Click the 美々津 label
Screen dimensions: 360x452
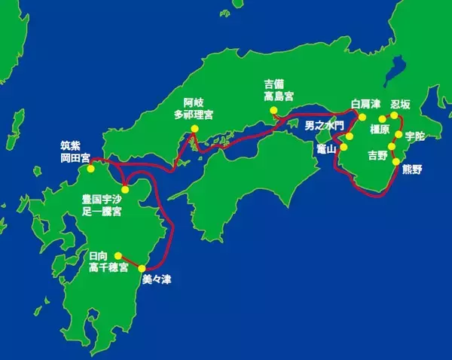coord(156,279)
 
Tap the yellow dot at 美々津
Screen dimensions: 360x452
coord(142,268)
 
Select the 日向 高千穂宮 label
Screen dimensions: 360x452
coord(108,262)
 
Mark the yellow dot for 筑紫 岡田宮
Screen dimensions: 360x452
coord(90,168)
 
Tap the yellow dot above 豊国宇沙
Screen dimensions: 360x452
coord(126,189)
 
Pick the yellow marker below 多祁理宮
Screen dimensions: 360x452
coord(194,129)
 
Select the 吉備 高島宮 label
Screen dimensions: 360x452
coord(279,90)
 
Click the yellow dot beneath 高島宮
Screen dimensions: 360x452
coord(274,111)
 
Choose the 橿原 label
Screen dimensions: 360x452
coord(380,129)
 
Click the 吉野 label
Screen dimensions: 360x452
coord(377,156)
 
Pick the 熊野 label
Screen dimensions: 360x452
coord(413,169)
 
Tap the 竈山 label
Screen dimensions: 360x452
coord(325,150)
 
